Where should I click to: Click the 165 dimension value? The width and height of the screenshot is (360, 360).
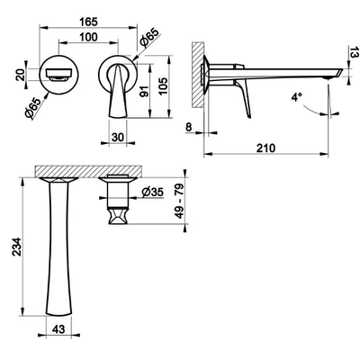pos(88,22)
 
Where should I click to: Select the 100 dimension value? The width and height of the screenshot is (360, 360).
pos(88,37)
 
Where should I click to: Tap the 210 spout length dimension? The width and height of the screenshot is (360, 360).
pos(265,148)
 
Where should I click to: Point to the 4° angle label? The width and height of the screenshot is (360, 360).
pos(296,97)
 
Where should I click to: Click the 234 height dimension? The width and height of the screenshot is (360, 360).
pos(17,247)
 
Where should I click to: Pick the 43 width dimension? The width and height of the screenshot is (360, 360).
pos(58,329)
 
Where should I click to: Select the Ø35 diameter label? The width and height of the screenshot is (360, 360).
pos(153,192)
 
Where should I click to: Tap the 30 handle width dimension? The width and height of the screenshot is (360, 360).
pos(118,137)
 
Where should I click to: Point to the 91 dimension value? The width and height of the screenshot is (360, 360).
pos(145,91)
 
